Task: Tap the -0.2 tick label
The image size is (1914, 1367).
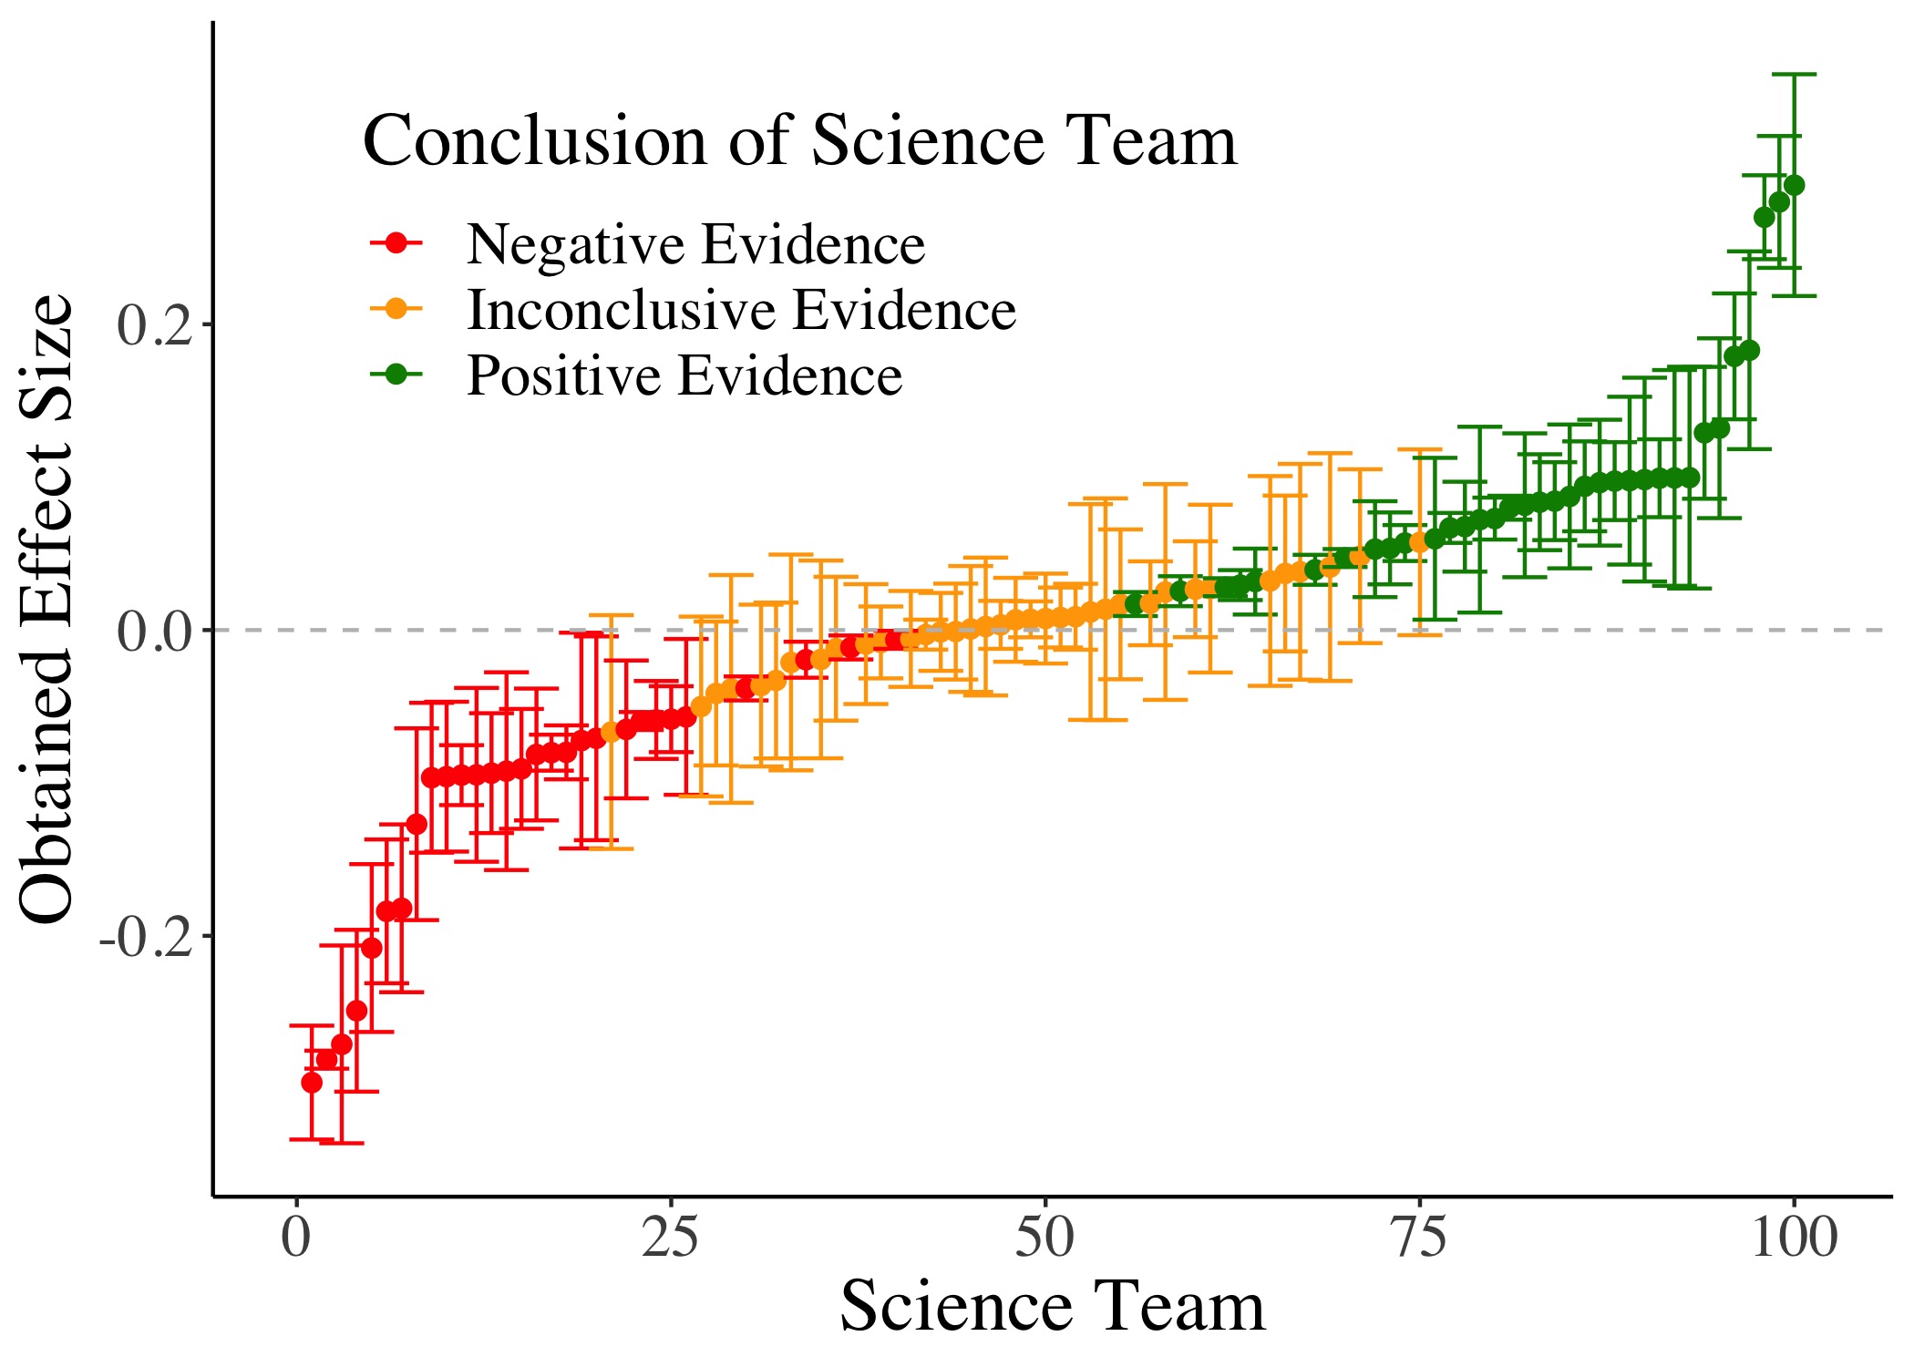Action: click(145, 938)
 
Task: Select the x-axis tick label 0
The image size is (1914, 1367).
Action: click(295, 1239)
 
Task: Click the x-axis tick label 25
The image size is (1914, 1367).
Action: click(670, 1239)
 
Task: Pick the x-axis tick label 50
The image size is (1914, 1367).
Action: click(1044, 1239)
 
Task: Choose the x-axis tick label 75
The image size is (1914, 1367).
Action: click(1420, 1239)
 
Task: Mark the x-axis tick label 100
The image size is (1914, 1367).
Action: click(1794, 1239)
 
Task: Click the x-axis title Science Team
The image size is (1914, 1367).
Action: click(1052, 1307)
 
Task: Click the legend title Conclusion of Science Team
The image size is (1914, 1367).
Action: click(800, 140)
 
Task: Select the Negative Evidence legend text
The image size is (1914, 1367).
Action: click(695, 244)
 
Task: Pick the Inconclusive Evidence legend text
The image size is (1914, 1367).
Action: click(741, 310)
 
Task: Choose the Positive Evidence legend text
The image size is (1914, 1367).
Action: click(684, 375)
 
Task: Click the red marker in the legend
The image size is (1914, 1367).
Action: click(396, 243)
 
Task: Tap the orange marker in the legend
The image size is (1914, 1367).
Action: click(396, 309)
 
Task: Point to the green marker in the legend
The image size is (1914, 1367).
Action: click(396, 375)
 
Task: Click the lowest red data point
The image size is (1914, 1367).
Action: click(312, 1083)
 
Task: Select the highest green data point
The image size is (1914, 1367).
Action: click(1794, 186)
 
